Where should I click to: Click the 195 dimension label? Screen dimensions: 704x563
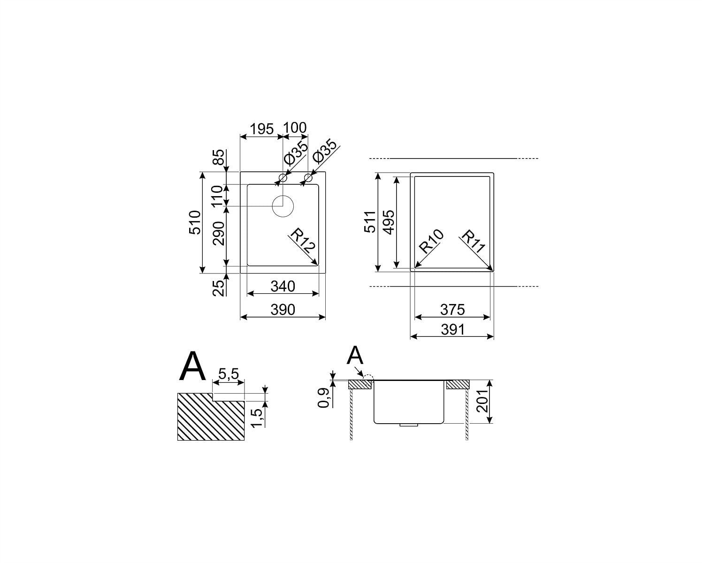[262, 129]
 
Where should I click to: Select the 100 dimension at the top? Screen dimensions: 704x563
[295, 128]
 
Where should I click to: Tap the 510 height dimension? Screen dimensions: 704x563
[195, 222]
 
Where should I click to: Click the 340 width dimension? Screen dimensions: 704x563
[283, 287]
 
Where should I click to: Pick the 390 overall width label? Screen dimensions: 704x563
[283, 310]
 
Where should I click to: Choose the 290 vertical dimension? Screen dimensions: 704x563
[219, 234]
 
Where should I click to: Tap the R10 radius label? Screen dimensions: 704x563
[432, 241]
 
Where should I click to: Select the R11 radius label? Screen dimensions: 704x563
[473, 241]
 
